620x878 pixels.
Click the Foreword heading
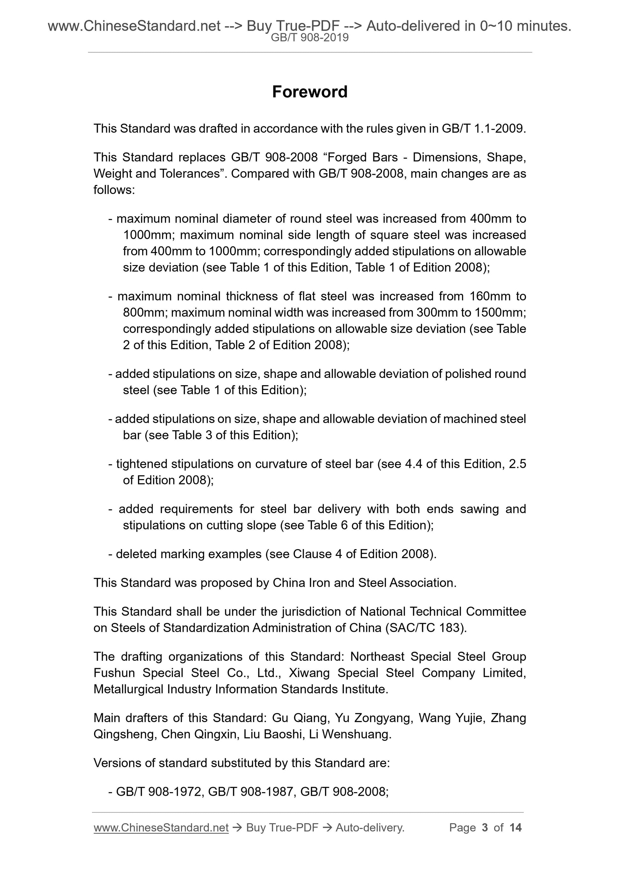coord(309,92)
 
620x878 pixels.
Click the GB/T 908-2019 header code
coord(309,38)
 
